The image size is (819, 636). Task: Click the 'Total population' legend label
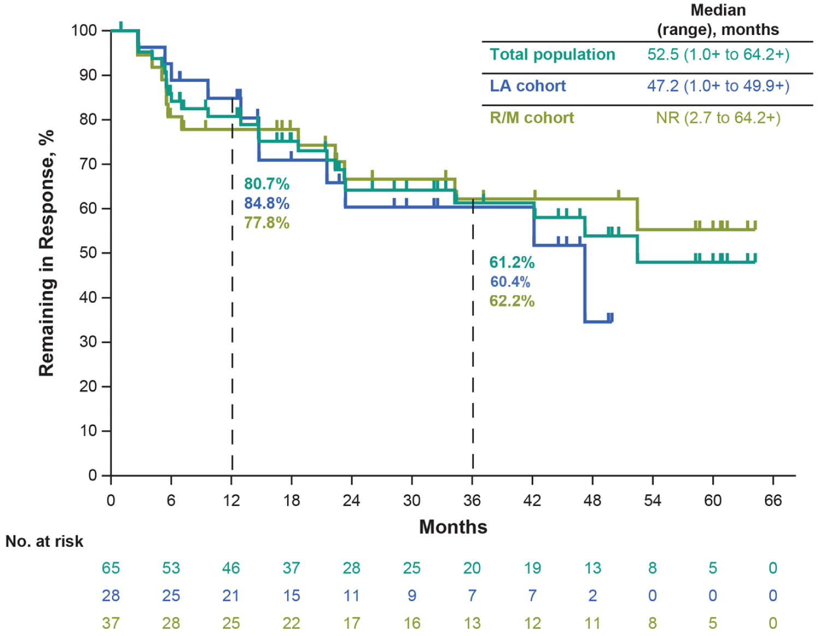(552, 55)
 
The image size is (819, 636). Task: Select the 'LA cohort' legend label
(527, 86)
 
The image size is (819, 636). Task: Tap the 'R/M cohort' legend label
(531, 118)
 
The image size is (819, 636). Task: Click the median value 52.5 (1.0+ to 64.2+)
(718, 55)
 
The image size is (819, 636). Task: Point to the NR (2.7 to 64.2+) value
(718, 118)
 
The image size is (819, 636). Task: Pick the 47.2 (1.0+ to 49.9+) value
(718, 86)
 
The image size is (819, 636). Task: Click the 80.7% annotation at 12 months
(266, 184)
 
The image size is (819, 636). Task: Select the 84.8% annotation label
(266, 204)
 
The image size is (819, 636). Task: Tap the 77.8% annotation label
(266, 223)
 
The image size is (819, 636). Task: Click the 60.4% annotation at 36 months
(510, 282)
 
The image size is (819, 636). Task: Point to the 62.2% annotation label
(512, 301)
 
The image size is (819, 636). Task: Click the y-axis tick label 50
(88, 253)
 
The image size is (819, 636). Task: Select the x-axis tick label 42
(532, 501)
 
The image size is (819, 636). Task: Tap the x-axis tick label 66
(773, 501)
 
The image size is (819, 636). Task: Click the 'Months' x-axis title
(453, 527)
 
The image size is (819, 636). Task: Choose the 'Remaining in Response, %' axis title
(46, 253)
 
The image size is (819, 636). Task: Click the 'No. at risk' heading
(44, 542)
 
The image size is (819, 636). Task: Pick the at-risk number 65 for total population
(111, 568)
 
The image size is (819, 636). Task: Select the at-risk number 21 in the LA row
(231, 596)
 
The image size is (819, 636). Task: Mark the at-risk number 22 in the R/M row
(292, 623)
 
